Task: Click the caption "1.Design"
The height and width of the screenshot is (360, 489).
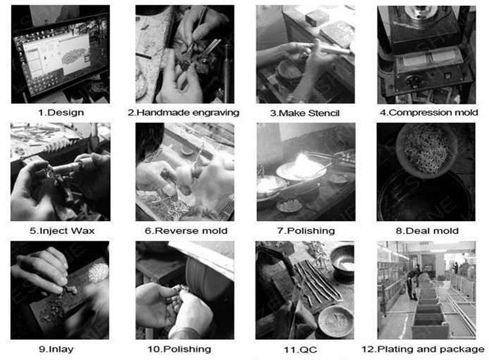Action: pyautogui.click(x=61, y=113)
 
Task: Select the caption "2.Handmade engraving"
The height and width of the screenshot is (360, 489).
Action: pyautogui.click(x=183, y=113)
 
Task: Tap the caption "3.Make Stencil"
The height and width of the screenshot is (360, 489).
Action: pyautogui.click(x=304, y=113)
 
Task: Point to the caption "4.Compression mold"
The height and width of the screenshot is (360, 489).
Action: pyautogui.click(x=428, y=112)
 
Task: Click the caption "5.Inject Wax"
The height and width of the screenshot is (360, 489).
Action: pyautogui.click(x=62, y=231)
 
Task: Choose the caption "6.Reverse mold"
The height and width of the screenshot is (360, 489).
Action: pyautogui.click(x=186, y=231)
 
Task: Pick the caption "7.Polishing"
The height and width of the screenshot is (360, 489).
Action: pyautogui.click(x=306, y=231)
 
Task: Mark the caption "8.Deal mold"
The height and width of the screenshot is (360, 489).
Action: pyautogui.click(x=427, y=231)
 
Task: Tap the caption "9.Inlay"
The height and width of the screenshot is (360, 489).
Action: pyautogui.click(x=56, y=349)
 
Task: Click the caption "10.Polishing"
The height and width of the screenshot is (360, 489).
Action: pyautogui.click(x=179, y=349)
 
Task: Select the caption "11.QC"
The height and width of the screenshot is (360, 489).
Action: pyautogui.click(x=300, y=350)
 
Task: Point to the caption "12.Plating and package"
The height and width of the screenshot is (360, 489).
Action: pyautogui.click(x=423, y=349)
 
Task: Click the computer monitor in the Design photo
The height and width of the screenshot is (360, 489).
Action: pyautogui.click(x=60, y=56)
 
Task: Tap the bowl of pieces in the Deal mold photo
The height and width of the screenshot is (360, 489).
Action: pyautogui.click(x=426, y=151)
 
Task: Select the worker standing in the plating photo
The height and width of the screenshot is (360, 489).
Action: pyautogui.click(x=413, y=283)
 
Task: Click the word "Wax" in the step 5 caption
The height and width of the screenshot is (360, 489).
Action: pyautogui.click(x=83, y=231)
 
